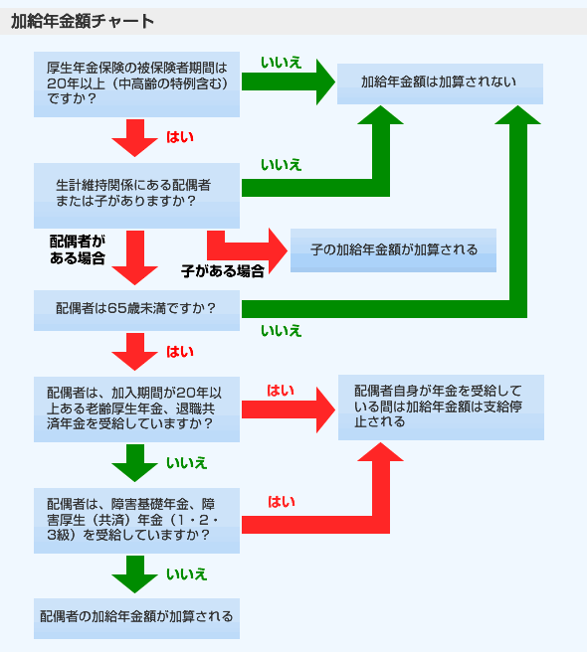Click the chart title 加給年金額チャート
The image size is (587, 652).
click(x=83, y=21)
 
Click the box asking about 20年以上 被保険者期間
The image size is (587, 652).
click(x=136, y=84)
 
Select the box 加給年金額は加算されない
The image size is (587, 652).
click(x=440, y=83)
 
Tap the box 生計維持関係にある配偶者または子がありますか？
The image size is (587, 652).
click(x=136, y=196)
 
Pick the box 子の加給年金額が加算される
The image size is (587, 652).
click(x=393, y=250)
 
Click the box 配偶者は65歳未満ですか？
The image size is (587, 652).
click(x=136, y=310)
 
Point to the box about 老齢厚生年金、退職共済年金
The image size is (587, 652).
click(x=136, y=409)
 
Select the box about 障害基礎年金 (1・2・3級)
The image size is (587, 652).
click(x=136, y=521)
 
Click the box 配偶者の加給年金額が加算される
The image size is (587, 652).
click(x=136, y=618)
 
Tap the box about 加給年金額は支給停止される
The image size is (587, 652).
click(x=441, y=407)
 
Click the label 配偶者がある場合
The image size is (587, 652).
click(x=78, y=249)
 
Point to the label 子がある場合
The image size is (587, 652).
click(x=223, y=271)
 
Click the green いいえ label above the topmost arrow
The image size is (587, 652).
click(x=281, y=63)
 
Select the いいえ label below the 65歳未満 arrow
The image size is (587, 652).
click(x=281, y=331)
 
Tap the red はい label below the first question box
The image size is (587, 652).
click(x=180, y=137)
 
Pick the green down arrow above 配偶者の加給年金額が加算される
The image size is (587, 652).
click(x=135, y=574)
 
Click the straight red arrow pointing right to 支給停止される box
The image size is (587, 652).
click(x=289, y=410)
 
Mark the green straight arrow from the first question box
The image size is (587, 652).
click(x=289, y=81)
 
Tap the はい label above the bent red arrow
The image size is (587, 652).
click(x=281, y=502)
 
